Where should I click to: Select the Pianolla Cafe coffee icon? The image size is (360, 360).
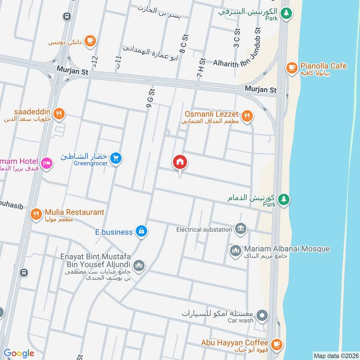tap(291, 68)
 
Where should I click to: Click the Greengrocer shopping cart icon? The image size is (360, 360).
tap(116, 158)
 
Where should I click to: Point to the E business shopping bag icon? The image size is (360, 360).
tap(141, 231)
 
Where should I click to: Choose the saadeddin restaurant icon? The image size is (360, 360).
tap(58, 114)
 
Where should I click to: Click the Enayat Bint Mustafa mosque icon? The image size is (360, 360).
tap(139, 265)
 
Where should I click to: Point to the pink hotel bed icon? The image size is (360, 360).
tap(47, 162)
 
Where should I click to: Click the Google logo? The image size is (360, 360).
tap(19, 353)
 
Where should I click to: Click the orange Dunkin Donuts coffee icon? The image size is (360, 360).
tap(90, 40)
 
